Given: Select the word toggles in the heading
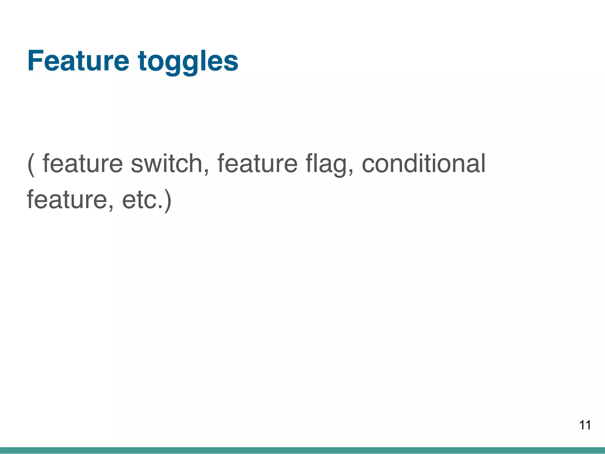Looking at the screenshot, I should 188,62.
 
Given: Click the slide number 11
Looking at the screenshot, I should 585,425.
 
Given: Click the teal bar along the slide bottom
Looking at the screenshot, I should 302,450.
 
